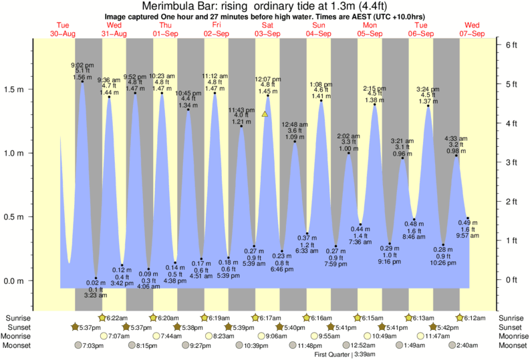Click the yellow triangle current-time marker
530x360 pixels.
(265, 114)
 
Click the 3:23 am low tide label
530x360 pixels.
(93, 295)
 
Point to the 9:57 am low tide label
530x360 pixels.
(468, 236)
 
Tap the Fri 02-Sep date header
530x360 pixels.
(217, 29)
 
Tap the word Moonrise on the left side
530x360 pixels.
(20, 336)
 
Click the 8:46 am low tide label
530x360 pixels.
(414, 236)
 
